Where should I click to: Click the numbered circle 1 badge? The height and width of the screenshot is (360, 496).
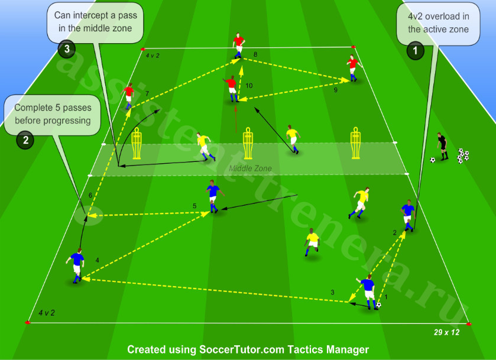click(415, 50)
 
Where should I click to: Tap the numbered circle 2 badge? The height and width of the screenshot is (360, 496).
click(25, 140)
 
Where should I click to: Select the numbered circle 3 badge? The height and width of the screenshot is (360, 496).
click(67, 48)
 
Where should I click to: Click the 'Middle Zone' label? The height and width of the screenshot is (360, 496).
click(250, 168)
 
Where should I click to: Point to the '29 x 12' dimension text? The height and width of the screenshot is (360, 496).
click(446, 332)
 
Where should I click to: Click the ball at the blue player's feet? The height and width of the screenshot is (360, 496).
click(378, 305)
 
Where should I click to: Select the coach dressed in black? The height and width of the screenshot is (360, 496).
click(442, 147)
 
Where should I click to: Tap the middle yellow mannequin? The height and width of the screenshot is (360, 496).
click(248, 143)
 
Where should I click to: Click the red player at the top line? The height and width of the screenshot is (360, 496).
click(239, 46)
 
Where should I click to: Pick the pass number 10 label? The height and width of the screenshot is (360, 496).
click(249, 86)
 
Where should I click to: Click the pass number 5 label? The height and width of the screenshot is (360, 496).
click(194, 206)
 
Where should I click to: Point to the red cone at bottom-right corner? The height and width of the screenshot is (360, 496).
click(468, 324)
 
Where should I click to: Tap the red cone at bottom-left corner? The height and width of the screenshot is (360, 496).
click(28, 322)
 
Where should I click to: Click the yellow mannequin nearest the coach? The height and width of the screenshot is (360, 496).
click(356, 143)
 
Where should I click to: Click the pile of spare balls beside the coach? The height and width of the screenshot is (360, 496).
click(463, 155)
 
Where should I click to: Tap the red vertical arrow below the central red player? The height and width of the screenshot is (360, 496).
click(236, 119)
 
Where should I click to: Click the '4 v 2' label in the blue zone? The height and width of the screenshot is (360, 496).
click(47, 313)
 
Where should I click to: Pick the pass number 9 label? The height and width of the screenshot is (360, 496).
click(336, 90)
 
